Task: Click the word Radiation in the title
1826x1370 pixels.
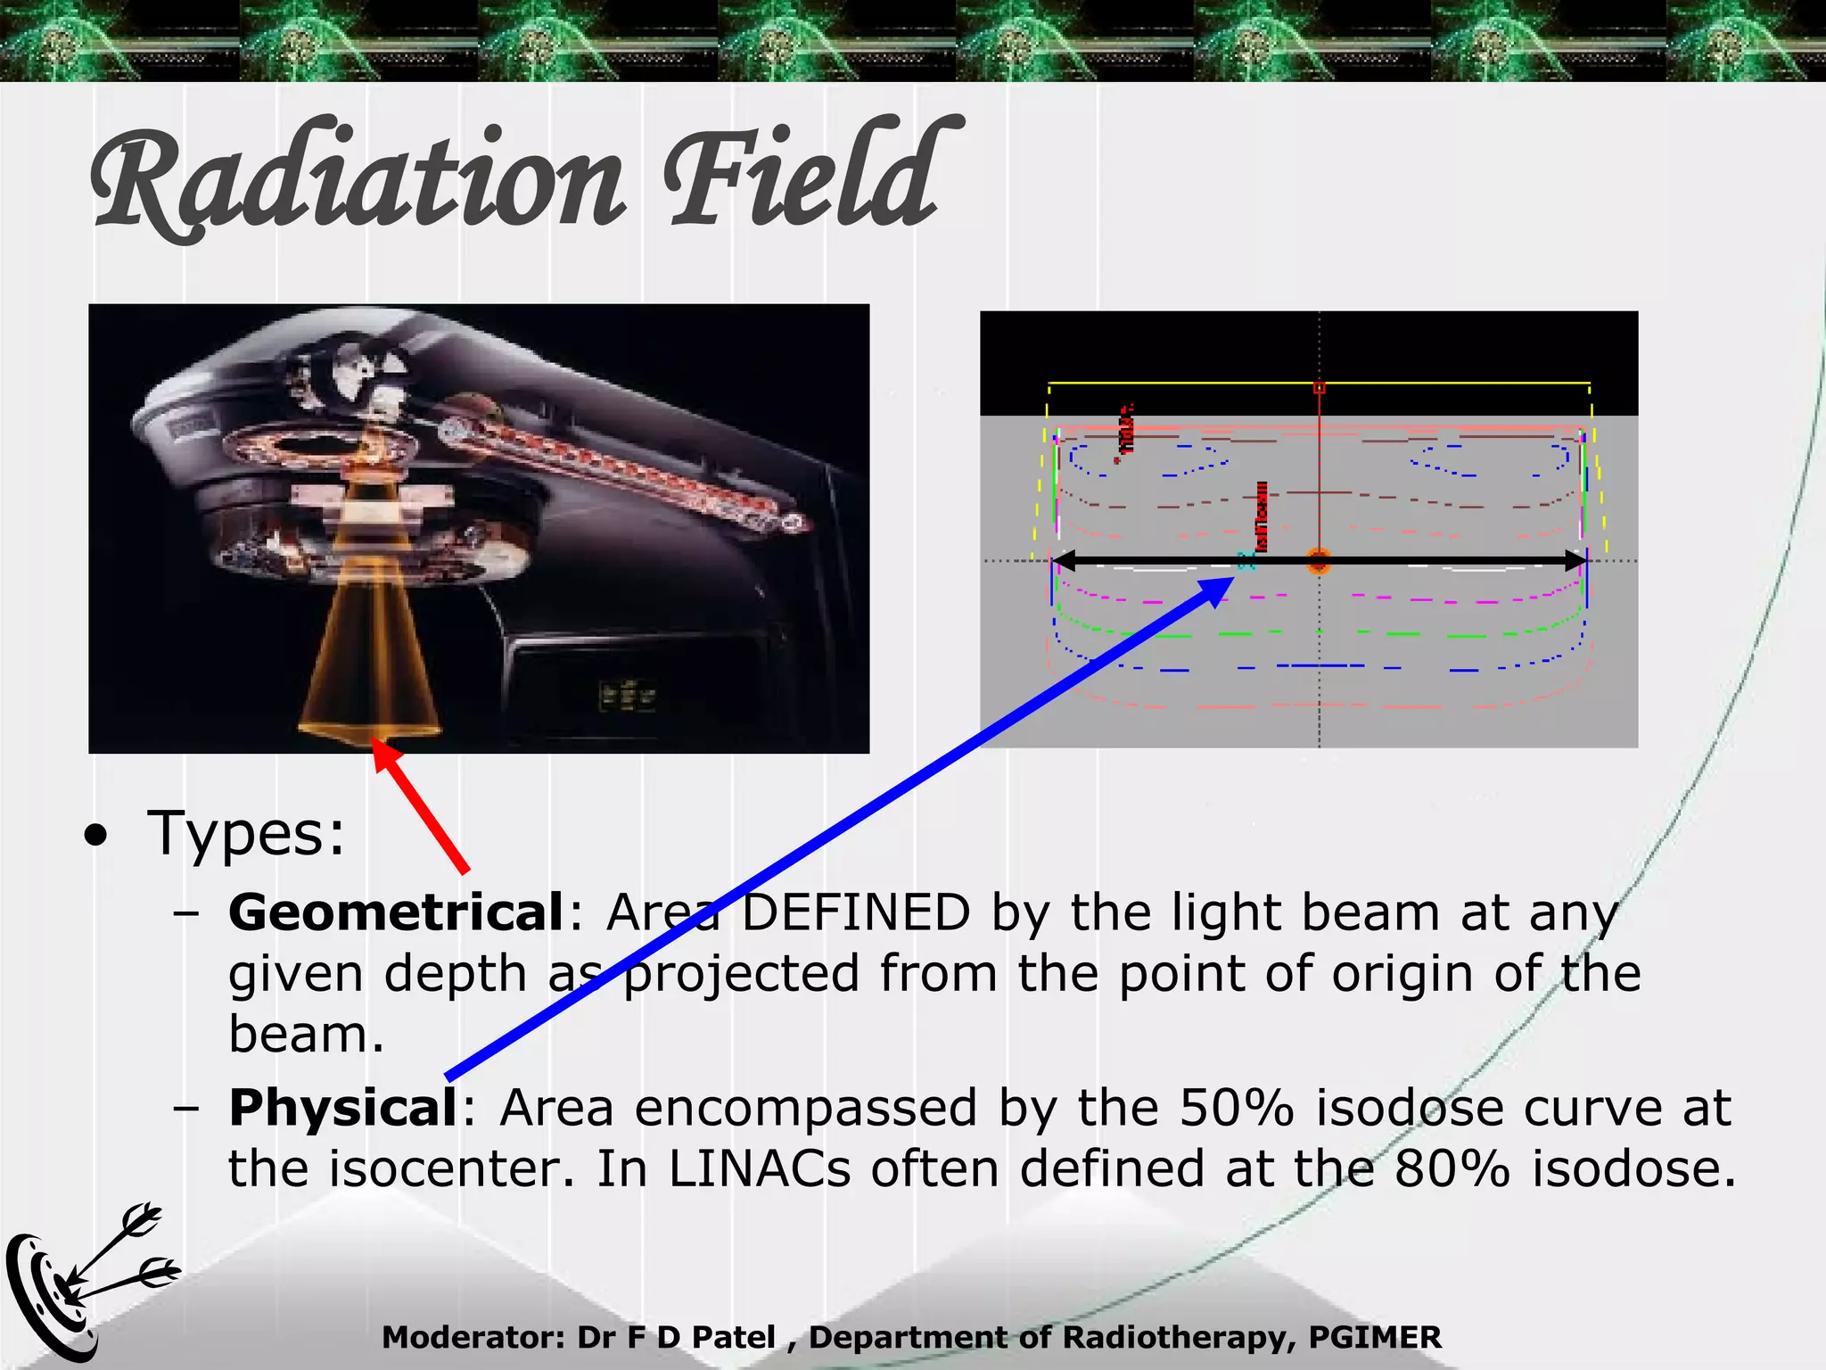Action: tap(357, 178)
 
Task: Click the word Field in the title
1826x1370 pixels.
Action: tap(802, 174)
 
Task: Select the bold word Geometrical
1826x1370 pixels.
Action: tap(395, 913)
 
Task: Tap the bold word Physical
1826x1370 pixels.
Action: tap(342, 1109)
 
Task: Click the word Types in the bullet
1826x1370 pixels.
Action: tap(245, 834)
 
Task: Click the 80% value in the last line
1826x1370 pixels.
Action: tap(1452, 1169)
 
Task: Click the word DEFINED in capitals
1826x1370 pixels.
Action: tap(856, 913)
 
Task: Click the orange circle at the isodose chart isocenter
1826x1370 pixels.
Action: tap(1319, 562)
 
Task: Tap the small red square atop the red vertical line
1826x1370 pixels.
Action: tap(1319, 388)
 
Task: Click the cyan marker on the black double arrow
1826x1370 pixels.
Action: tap(1246, 561)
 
